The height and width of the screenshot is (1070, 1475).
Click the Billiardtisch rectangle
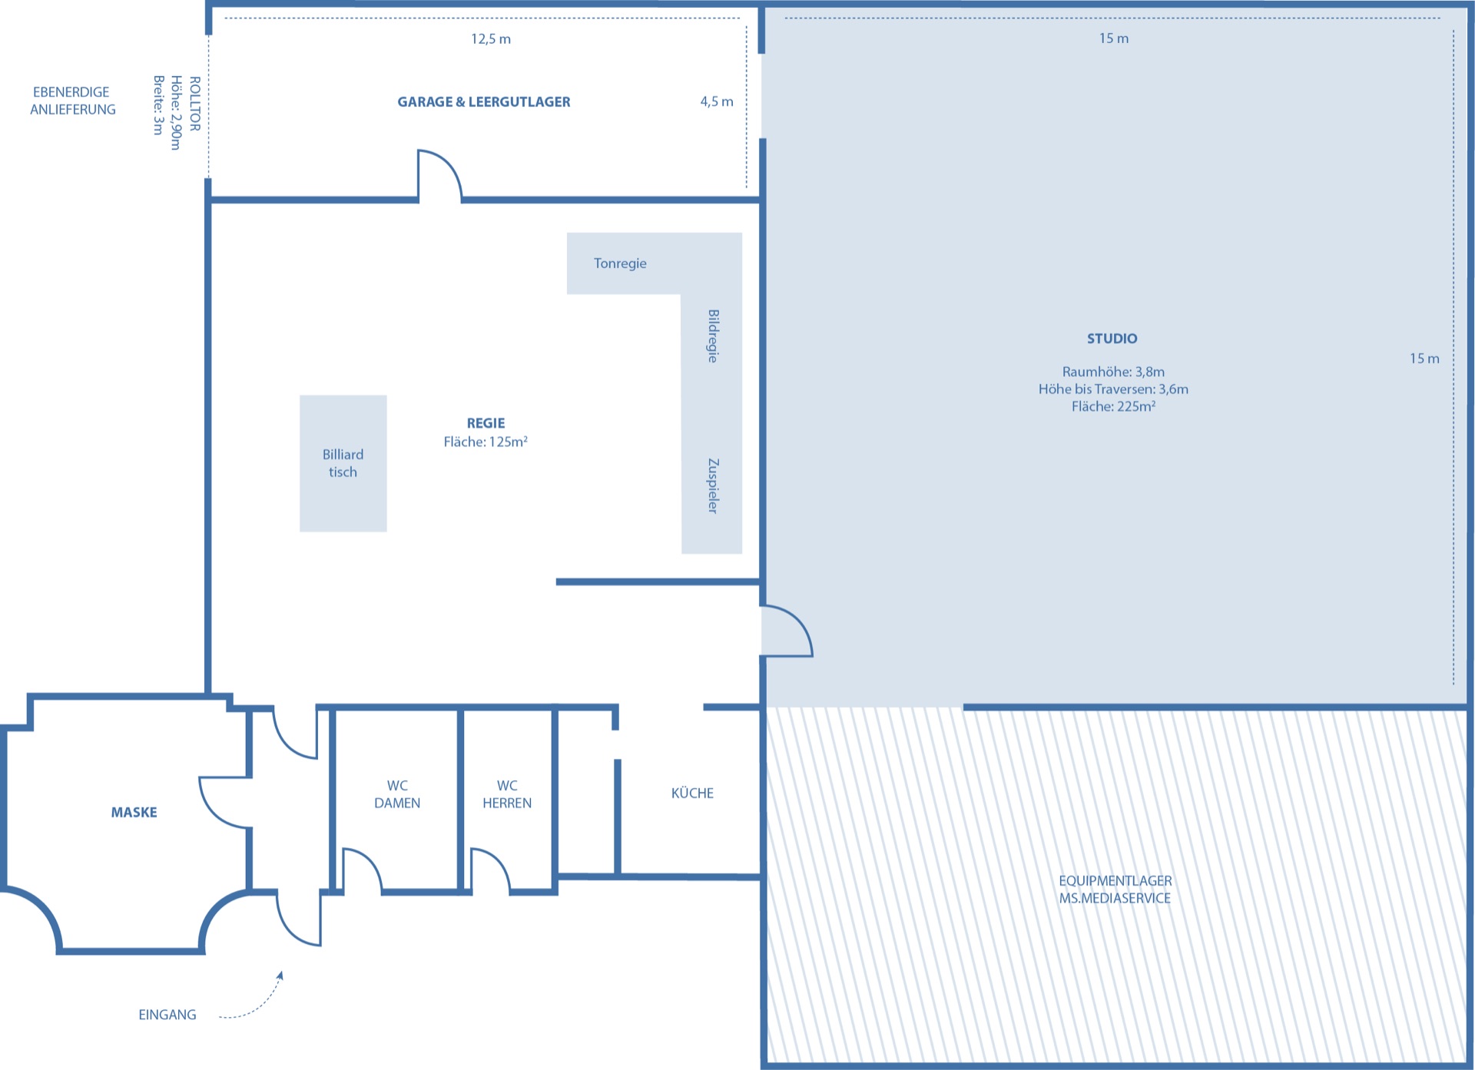[x=343, y=463]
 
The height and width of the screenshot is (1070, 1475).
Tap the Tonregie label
[x=620, y=263]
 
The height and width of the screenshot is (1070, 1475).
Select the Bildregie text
[x=713, y=336]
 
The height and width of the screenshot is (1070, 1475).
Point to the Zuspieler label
[x=713, y=485]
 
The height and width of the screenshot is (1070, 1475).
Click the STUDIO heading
[x=1112, y=339]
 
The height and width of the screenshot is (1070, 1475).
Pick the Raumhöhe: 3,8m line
[x=1113, y=372]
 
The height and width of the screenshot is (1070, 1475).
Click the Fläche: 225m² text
[x=1113, y=406]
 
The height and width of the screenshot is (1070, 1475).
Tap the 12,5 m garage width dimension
[x=491, y=39]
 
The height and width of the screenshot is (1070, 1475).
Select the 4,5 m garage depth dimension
[x=717, y=101]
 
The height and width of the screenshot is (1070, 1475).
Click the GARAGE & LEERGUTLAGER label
[x=484, y=102]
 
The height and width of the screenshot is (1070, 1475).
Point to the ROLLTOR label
[x=195, y=104]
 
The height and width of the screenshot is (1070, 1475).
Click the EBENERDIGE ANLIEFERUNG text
[x=73, y=101]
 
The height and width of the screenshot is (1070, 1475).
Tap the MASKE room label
[x=134, y=813]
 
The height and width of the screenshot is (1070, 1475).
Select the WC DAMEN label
[x=397, y=794]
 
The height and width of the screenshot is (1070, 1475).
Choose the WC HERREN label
[x=507, y=794]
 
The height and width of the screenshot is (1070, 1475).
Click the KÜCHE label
[x=692, y=793]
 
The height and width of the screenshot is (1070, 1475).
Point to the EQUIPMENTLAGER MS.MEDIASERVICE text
[x=1115, y=889]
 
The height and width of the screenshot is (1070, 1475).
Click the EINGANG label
[x=167, y=1015]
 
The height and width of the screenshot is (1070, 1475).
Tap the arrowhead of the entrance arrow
[x=280, y=976]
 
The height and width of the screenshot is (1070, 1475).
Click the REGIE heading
[x=486, y=423]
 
